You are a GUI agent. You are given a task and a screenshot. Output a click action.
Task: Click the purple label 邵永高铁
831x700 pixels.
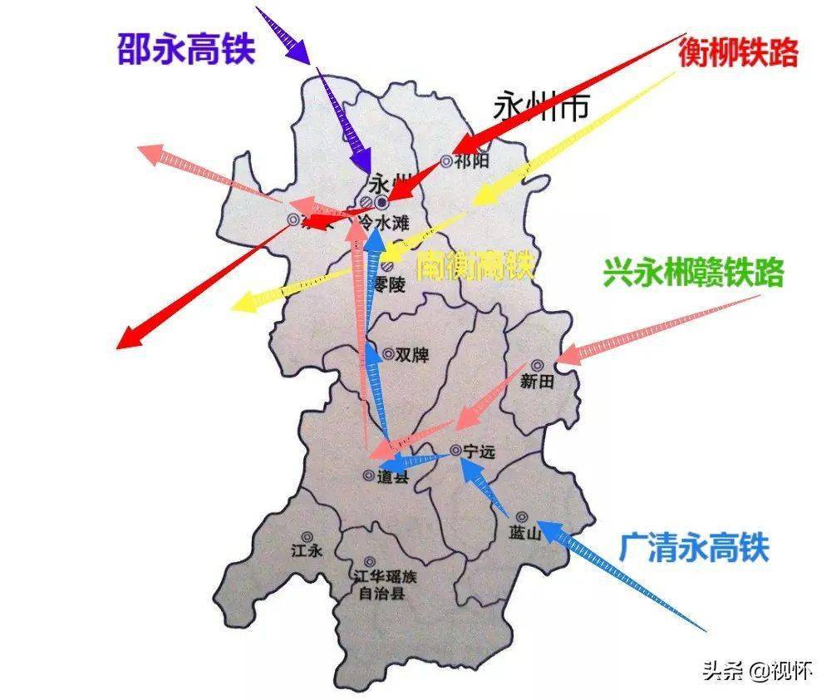(x=186, y=50)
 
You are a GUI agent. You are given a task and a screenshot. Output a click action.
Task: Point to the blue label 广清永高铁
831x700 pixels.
(x=693, y=548)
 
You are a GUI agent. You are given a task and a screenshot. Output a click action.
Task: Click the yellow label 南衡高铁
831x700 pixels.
(x=475, y=266)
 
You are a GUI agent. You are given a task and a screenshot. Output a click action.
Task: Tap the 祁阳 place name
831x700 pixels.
(x=472, y=160)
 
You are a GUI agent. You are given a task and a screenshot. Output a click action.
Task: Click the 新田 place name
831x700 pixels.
(x=536, y=382)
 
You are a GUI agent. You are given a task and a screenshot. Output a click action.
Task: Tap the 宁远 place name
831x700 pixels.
(x=479, y=451)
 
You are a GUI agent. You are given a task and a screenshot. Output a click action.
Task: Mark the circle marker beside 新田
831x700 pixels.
(x=537, y=365)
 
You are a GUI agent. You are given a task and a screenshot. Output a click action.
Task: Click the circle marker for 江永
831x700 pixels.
(x=307, y=537)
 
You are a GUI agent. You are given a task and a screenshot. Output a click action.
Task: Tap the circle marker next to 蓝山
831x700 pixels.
(x=521, y=516)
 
